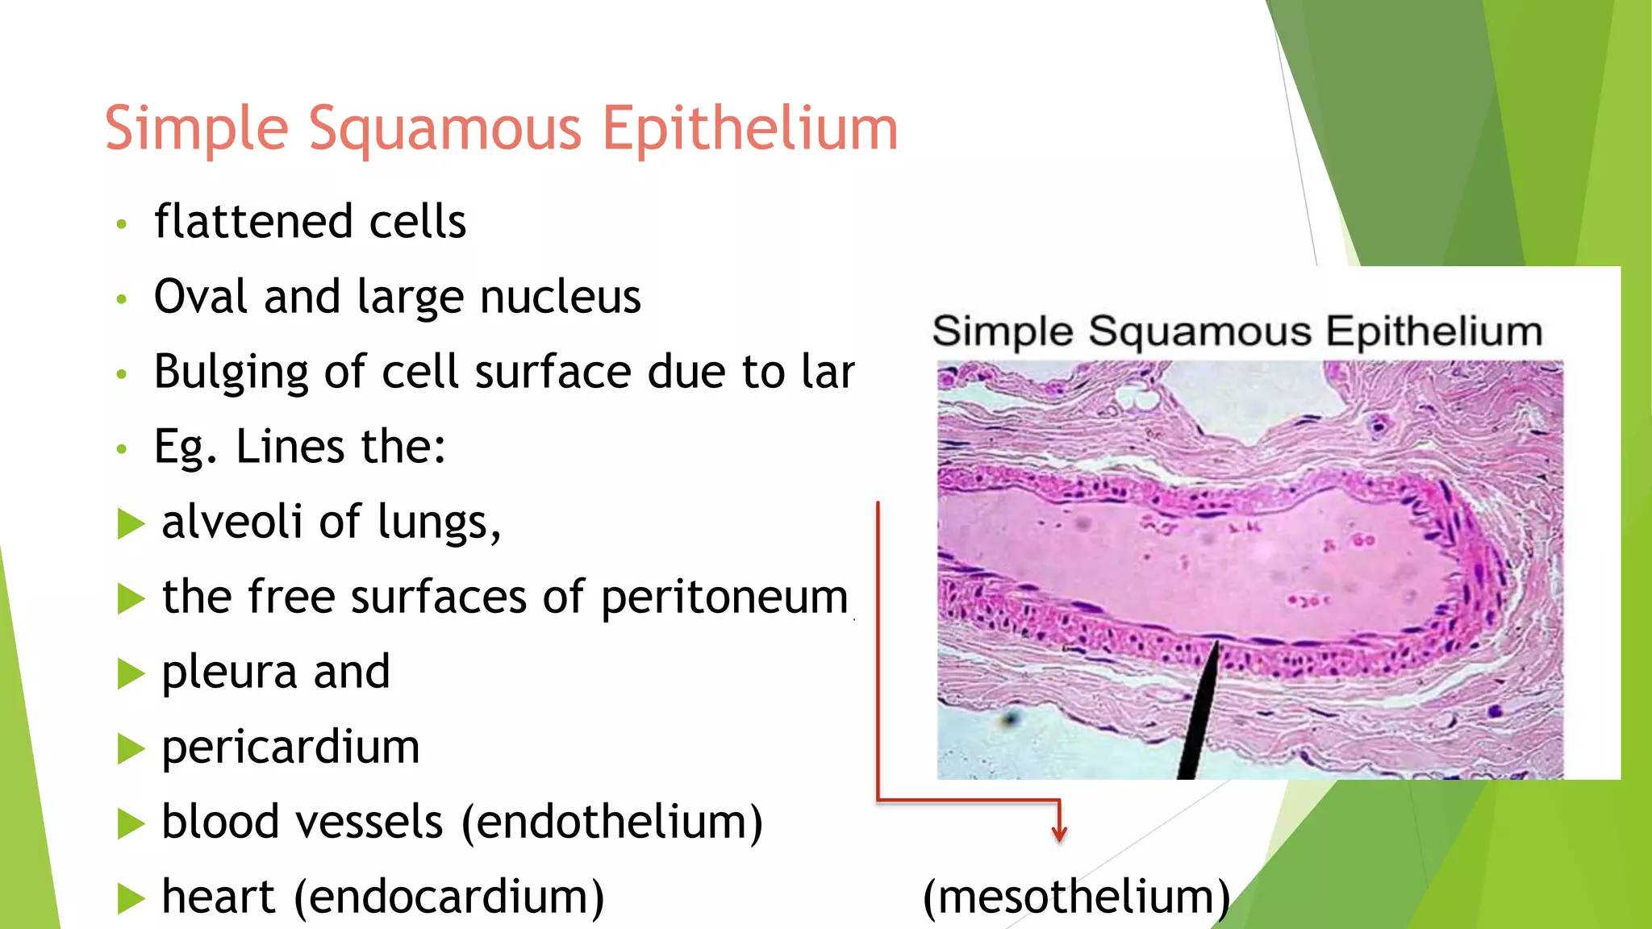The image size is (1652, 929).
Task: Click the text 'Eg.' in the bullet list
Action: click(185, 447)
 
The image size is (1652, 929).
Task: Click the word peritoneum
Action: click(724, 598)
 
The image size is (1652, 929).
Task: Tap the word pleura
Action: click(229, 673)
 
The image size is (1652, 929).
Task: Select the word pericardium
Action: click(290, 747)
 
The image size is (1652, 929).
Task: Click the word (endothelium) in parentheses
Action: click(612, 822)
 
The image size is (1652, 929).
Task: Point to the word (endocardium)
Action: click(448, 897)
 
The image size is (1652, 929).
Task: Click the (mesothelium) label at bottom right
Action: click(1076, 897)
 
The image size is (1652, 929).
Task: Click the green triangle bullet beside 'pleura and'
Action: click(130, 673)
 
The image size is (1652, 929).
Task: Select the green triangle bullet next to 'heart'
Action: click(130, 898)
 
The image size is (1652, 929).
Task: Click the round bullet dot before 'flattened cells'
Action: click(122, 223)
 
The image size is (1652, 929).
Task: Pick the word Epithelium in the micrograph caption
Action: click(1433, 331)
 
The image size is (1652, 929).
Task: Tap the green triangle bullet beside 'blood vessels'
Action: click(130, 823)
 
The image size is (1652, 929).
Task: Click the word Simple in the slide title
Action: click(196, 129)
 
